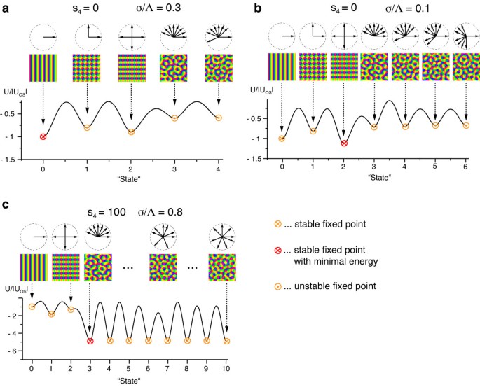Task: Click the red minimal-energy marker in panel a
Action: [43, 136]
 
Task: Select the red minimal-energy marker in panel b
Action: [343, 143]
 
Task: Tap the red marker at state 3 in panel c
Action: [90, 341]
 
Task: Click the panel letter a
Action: [6, 7]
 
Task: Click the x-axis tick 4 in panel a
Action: [218, 169]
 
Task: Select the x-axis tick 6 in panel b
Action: [466, 169]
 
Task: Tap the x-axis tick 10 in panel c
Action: [226, 367]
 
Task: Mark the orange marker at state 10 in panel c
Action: [226, 341]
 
